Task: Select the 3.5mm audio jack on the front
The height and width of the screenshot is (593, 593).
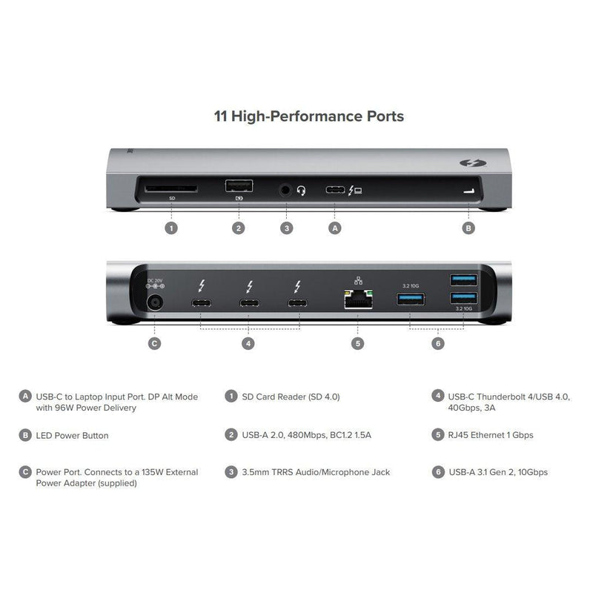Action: tap(285, 191)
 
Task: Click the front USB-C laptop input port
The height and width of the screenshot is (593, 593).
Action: tap(335, 191)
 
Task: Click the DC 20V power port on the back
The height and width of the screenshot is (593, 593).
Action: tap(155, 302)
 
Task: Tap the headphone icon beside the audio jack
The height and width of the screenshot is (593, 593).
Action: tap(301, 191)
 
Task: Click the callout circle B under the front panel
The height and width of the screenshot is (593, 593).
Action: tap(468, 228)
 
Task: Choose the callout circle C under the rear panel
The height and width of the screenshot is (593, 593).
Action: tap(155, 343)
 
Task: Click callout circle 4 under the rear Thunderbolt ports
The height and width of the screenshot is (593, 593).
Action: tap(249, 343)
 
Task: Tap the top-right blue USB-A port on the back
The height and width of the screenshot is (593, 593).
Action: tap(464, 279)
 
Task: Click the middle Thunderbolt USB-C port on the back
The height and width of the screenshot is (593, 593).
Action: tap(249, 304)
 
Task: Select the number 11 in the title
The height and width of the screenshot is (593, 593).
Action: tap(220, 116)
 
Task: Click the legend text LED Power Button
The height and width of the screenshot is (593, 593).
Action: tap(72, 435)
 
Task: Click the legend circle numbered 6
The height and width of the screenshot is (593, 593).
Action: tap(438, 471)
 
